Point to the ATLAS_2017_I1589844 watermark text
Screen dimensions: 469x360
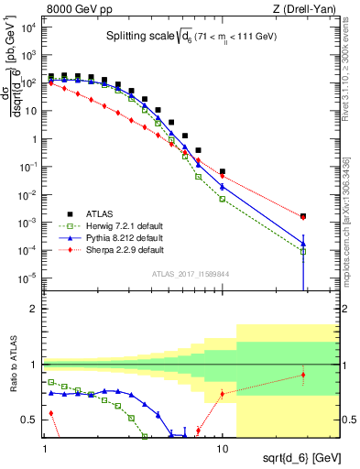[191, 273]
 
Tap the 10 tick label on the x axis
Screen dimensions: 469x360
[223, 440]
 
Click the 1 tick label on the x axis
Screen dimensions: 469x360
[46, 440]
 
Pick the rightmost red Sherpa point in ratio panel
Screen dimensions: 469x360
[303, 375]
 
